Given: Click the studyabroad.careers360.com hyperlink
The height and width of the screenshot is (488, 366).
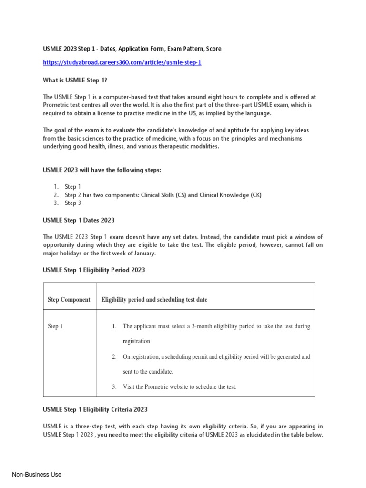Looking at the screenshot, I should (119, 62).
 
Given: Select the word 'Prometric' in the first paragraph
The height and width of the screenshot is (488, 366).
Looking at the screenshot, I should (57, 105).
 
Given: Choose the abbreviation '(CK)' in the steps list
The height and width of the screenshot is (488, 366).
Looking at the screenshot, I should (256, 195).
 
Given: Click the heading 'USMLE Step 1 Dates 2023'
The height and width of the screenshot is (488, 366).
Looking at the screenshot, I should (79, 220).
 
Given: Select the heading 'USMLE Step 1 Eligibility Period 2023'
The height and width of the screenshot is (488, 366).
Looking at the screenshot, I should (94, 270).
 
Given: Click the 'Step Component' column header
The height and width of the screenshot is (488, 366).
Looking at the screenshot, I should (69, 300).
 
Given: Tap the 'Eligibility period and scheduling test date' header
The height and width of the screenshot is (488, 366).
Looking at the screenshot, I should (154, 300).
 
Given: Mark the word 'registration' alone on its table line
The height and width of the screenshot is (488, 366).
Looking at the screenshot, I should (136, 341).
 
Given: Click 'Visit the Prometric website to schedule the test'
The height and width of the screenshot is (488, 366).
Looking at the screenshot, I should (180, 386).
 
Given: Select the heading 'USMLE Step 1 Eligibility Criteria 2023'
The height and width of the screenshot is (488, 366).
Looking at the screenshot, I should (95, 409).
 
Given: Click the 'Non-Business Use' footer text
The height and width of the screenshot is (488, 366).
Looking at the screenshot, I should (37, 475).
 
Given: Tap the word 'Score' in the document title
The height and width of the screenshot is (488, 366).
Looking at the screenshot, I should (212, 49).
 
